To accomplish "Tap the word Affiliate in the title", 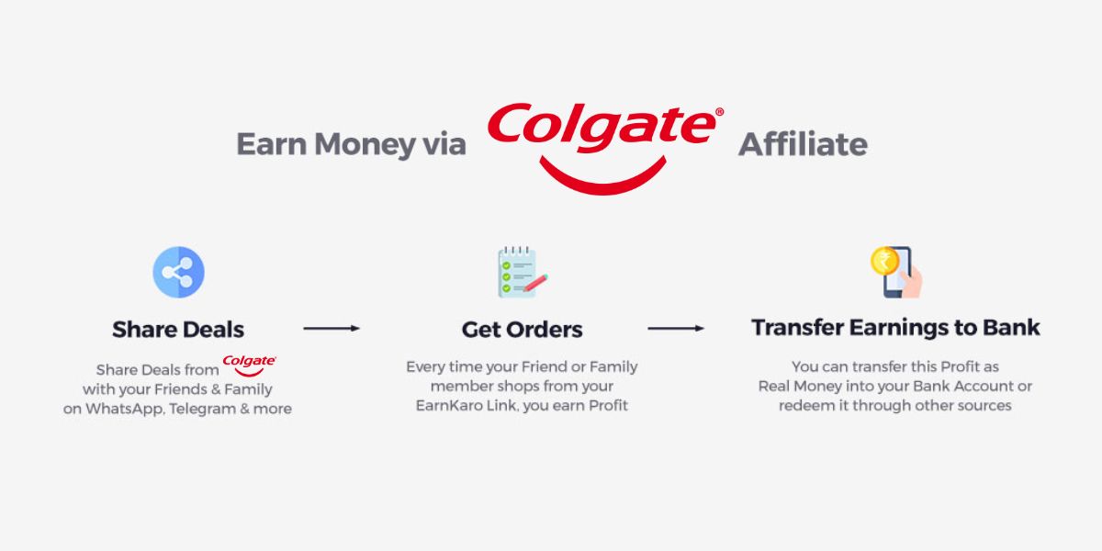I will click(803, 145).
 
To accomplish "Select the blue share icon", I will click(178, 272).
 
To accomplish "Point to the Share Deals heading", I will click(178, 329).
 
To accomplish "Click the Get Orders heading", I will click(522, 329).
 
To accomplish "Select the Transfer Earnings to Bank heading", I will click(895, 328).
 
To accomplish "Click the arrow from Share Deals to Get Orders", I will click(331, 328).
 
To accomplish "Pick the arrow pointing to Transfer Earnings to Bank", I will click(675, 328).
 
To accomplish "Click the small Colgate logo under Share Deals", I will click(249, 365).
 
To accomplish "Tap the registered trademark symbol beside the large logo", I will click(719, 112).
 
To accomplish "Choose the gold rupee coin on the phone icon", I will click(883, 261).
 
